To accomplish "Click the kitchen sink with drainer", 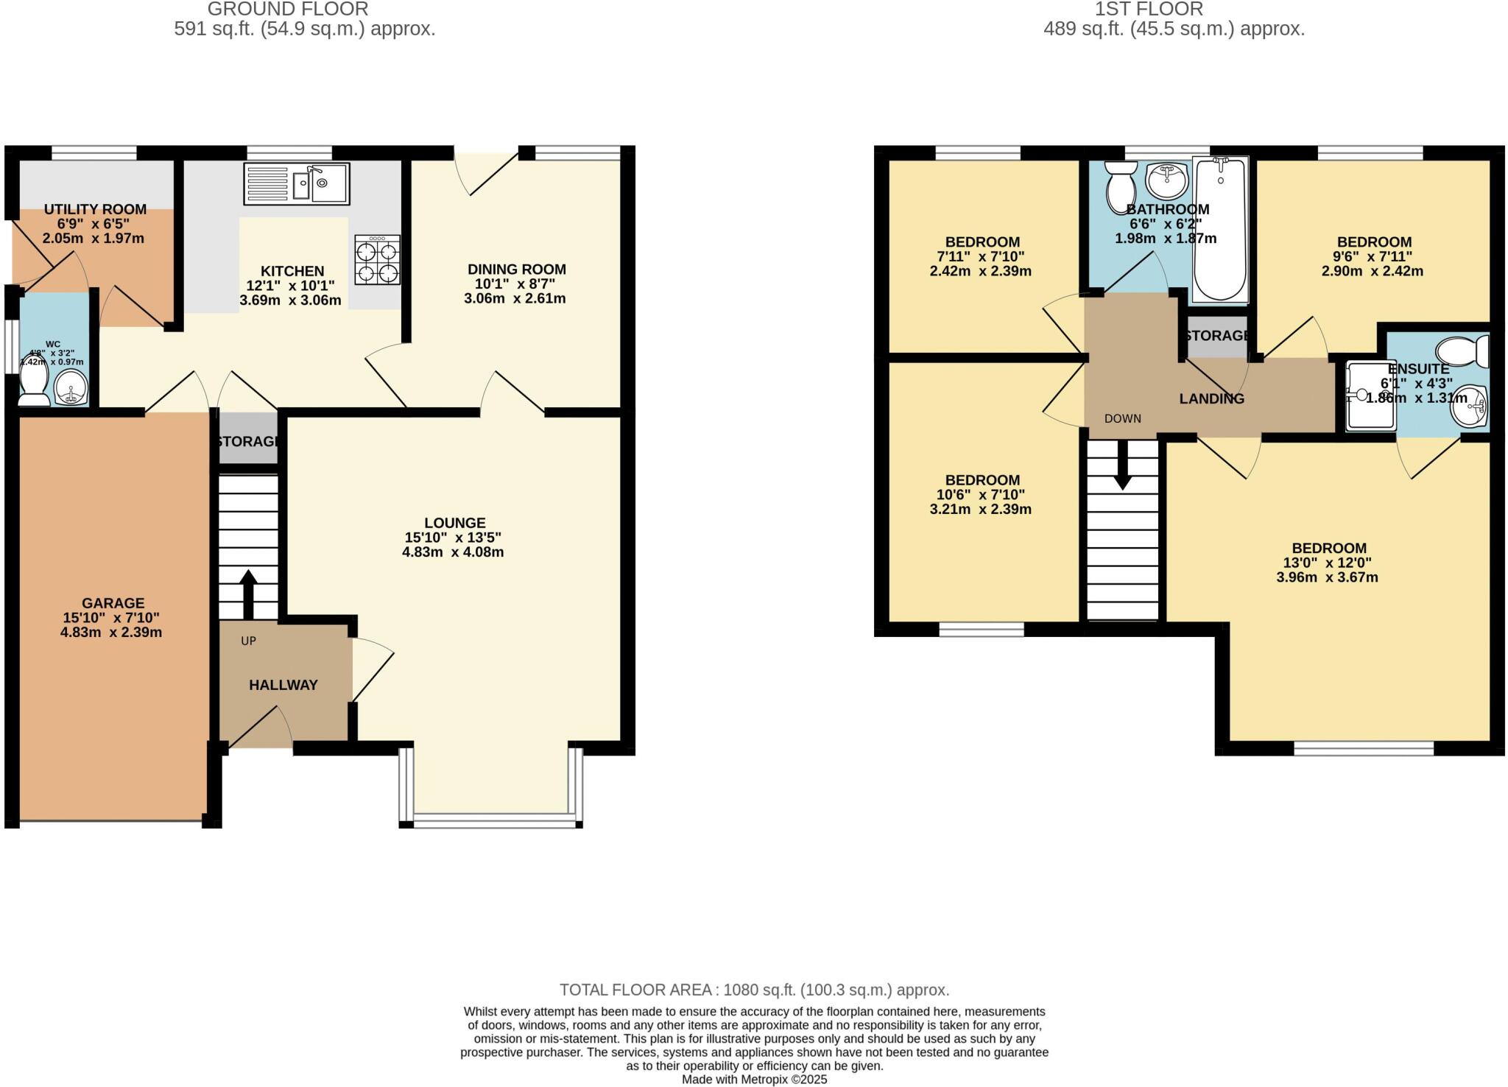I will [296, 183].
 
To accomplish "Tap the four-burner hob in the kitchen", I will [378, 260].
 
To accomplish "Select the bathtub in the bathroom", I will [1220, 230].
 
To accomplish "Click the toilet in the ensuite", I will [1464, 351].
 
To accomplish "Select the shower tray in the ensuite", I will [1370, 396].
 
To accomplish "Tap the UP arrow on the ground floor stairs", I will [247, 594].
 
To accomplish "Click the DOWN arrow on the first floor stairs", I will [1122, 467].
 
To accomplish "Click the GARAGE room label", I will [113, 603].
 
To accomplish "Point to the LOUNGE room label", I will [454, 523].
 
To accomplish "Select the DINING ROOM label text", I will [516, 270].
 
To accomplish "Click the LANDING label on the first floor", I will [1211, 399].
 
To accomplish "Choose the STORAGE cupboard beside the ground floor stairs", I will [249, 441].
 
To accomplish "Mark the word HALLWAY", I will [283, 685].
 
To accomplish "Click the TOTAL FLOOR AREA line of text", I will [754, 990].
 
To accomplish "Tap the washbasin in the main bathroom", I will [1167, 179].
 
